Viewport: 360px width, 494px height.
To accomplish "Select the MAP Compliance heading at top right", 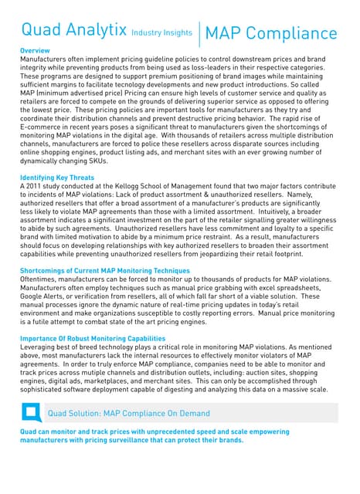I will pyautogui.click(x=272, y=33).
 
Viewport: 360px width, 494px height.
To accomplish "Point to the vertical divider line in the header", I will pyautogui.click(x=199, y=33).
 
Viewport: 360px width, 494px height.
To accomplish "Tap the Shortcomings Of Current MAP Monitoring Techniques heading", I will pyautogui.click(x=105, y=270).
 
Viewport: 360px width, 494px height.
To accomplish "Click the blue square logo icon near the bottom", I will pyautogui.click(x=32, y=413).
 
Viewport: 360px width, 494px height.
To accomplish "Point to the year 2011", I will pyautogui.click(x=33, y=187).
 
